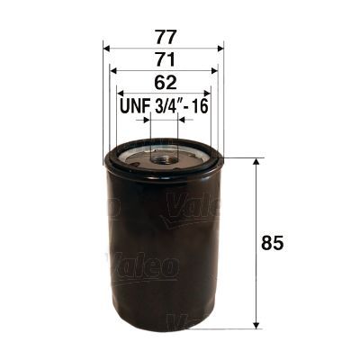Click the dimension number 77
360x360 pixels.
click(x=165, y=39)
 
